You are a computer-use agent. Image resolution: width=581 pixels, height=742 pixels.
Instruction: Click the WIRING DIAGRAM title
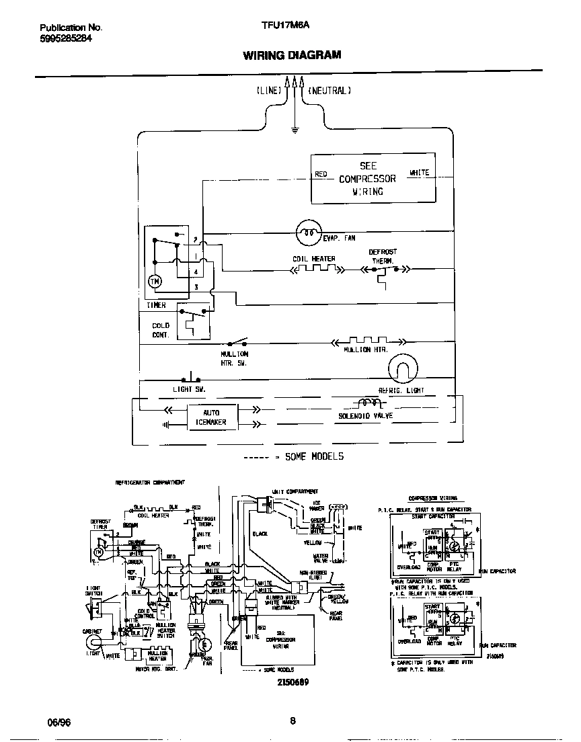[292, 55]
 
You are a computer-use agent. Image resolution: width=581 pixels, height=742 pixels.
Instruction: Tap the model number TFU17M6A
[285, 28]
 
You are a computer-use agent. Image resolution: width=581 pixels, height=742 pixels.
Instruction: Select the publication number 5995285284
[66, 38]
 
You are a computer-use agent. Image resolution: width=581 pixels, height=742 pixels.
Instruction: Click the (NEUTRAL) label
[329, 90]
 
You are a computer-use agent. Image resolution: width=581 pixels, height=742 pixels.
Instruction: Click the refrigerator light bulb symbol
[403, 369]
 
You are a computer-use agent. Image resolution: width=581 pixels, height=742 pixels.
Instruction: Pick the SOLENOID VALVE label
[365, 416]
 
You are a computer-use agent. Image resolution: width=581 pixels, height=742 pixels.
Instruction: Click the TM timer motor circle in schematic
[155, 282]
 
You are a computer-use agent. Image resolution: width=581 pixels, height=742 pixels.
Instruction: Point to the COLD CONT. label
[161, 330]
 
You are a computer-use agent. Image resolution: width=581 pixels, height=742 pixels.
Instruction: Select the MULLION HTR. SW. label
[234, 358]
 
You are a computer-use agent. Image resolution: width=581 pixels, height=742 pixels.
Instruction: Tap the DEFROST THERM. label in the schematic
[383, 256]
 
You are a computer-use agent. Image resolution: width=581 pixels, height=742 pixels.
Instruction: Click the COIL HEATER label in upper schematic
[313, 259]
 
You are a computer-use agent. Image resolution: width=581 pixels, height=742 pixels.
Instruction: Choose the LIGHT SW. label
[188, 389]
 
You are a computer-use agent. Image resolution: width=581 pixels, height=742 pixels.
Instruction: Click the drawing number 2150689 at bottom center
[292, 683]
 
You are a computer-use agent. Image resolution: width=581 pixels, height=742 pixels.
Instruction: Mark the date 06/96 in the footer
[59, 722]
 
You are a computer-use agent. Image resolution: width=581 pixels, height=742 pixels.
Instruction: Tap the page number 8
[293, 721]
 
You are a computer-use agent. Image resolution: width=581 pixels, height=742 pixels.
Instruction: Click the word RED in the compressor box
[321, 174]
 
